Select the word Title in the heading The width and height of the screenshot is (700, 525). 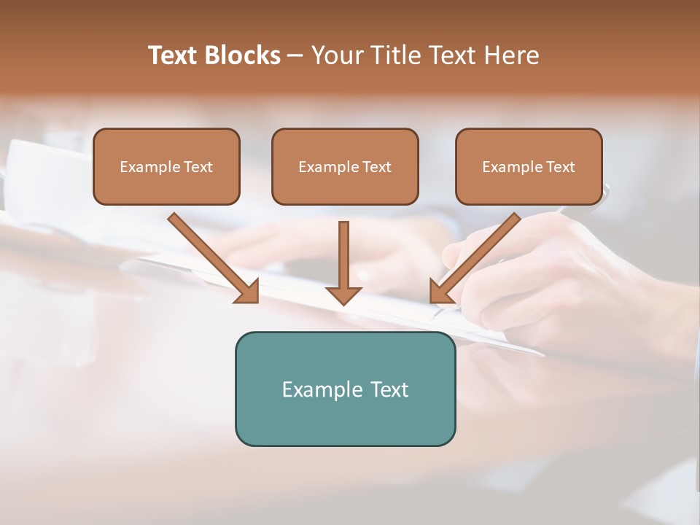coord(394,55)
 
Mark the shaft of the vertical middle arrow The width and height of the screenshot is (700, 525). coord(343,252)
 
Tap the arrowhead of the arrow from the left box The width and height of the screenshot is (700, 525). coord(248,292)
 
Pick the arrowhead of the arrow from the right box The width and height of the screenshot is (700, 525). coord(440,292)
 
